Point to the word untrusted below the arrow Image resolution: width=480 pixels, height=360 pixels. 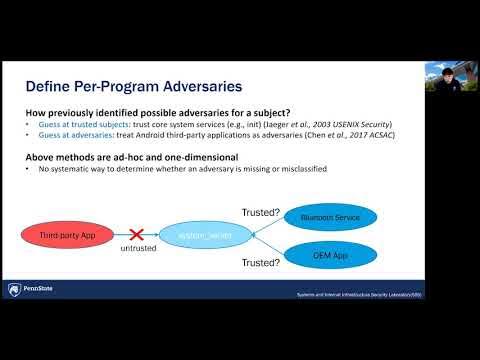138,248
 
